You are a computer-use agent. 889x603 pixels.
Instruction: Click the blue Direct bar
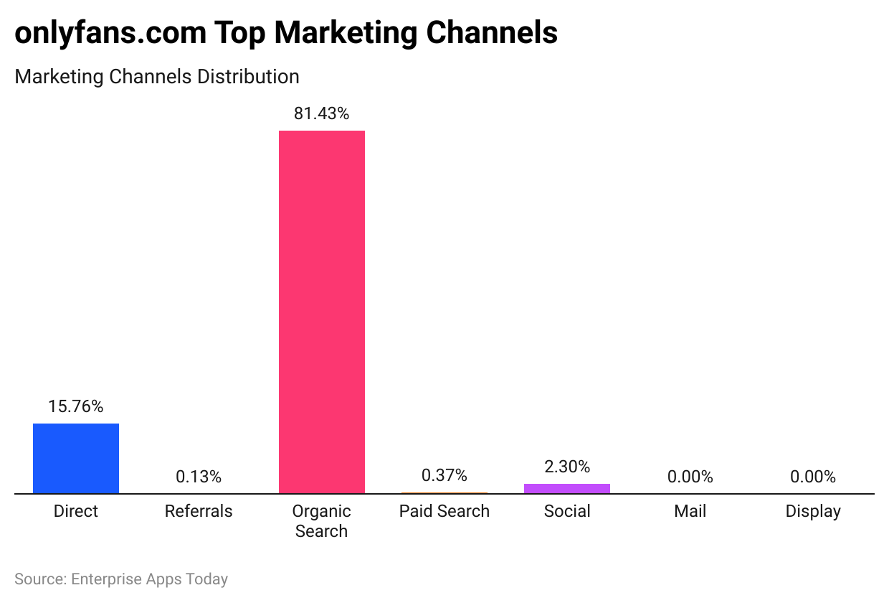coord(76,458)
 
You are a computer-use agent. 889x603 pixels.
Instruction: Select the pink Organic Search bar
coord(321,312)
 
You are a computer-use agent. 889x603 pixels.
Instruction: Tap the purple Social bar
coord(567,488)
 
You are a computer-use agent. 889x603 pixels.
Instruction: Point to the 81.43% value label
coord(321,113)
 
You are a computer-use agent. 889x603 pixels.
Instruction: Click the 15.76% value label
coord(76,406)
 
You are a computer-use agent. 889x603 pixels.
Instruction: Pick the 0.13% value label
coord(199,477)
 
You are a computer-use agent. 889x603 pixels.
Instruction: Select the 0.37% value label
coord(444,475)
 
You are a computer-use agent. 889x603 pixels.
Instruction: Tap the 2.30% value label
coord(567,467)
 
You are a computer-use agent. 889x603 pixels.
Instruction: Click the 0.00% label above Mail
coord(690,477)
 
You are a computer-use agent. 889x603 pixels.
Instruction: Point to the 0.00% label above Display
coord(813,477)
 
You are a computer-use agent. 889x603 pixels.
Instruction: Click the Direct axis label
coord(76,511)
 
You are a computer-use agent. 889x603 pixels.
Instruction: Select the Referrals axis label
coord(199,511)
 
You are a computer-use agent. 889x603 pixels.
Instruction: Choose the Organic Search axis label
coord(321,521)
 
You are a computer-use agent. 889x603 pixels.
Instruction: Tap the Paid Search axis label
coord(444,511)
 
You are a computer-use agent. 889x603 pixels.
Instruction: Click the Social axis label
coord(567,511)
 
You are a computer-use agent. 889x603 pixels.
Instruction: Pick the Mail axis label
coord(690,511)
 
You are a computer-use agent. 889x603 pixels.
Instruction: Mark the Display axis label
coord(813,511)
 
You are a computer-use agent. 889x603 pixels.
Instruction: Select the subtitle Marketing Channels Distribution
coord(157,76)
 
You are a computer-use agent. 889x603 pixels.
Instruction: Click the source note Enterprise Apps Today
coord(149,579)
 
